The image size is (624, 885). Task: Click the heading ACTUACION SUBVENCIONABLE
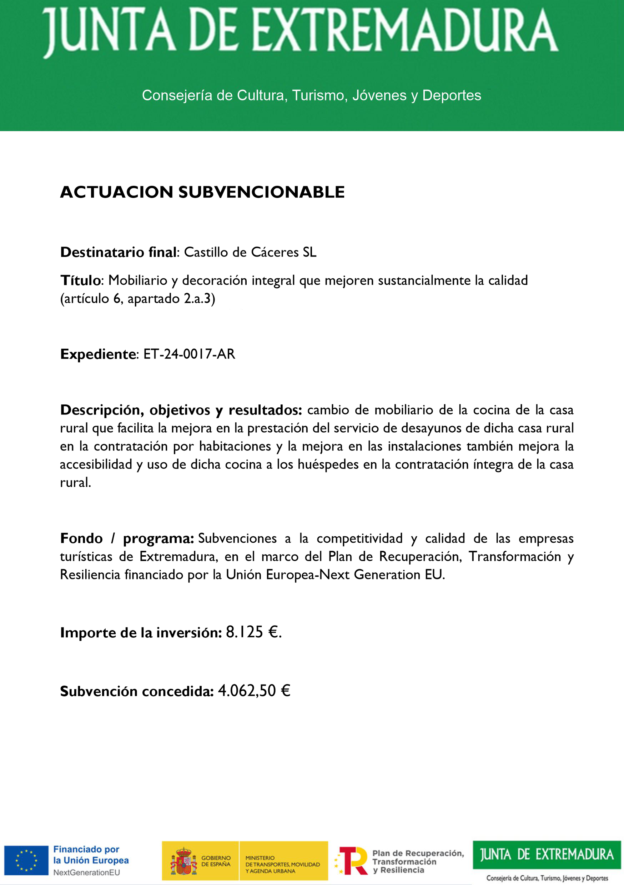202,192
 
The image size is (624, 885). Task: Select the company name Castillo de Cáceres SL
250,252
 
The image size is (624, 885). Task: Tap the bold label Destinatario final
118,252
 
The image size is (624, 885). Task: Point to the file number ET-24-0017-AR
189,354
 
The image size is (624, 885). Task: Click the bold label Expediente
98,354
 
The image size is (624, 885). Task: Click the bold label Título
81,280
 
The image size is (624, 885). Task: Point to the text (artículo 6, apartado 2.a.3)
137,299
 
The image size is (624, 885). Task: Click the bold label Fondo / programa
127,538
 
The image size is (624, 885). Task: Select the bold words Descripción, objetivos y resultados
181,410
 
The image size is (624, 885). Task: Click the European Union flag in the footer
26,861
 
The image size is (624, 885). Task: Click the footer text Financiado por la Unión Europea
91,855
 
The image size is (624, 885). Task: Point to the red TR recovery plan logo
352,861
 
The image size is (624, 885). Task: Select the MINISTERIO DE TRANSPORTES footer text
282,865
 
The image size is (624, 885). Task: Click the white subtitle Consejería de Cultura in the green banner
311,95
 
